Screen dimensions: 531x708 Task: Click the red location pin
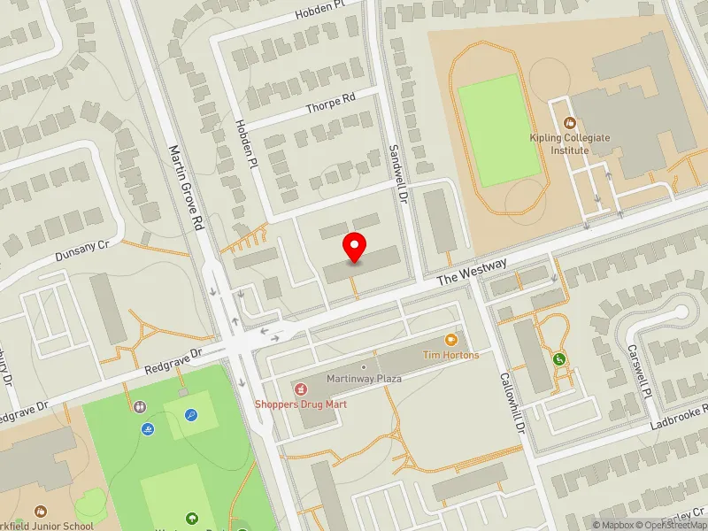355,247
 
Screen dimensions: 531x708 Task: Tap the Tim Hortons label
450,355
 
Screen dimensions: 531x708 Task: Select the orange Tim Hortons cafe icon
450,339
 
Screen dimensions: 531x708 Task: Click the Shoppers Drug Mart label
301,404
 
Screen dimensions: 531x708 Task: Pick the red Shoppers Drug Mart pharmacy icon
300,389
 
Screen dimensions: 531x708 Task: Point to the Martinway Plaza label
364,379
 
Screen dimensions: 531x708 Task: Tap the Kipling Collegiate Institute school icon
570,123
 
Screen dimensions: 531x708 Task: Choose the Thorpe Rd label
329,104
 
